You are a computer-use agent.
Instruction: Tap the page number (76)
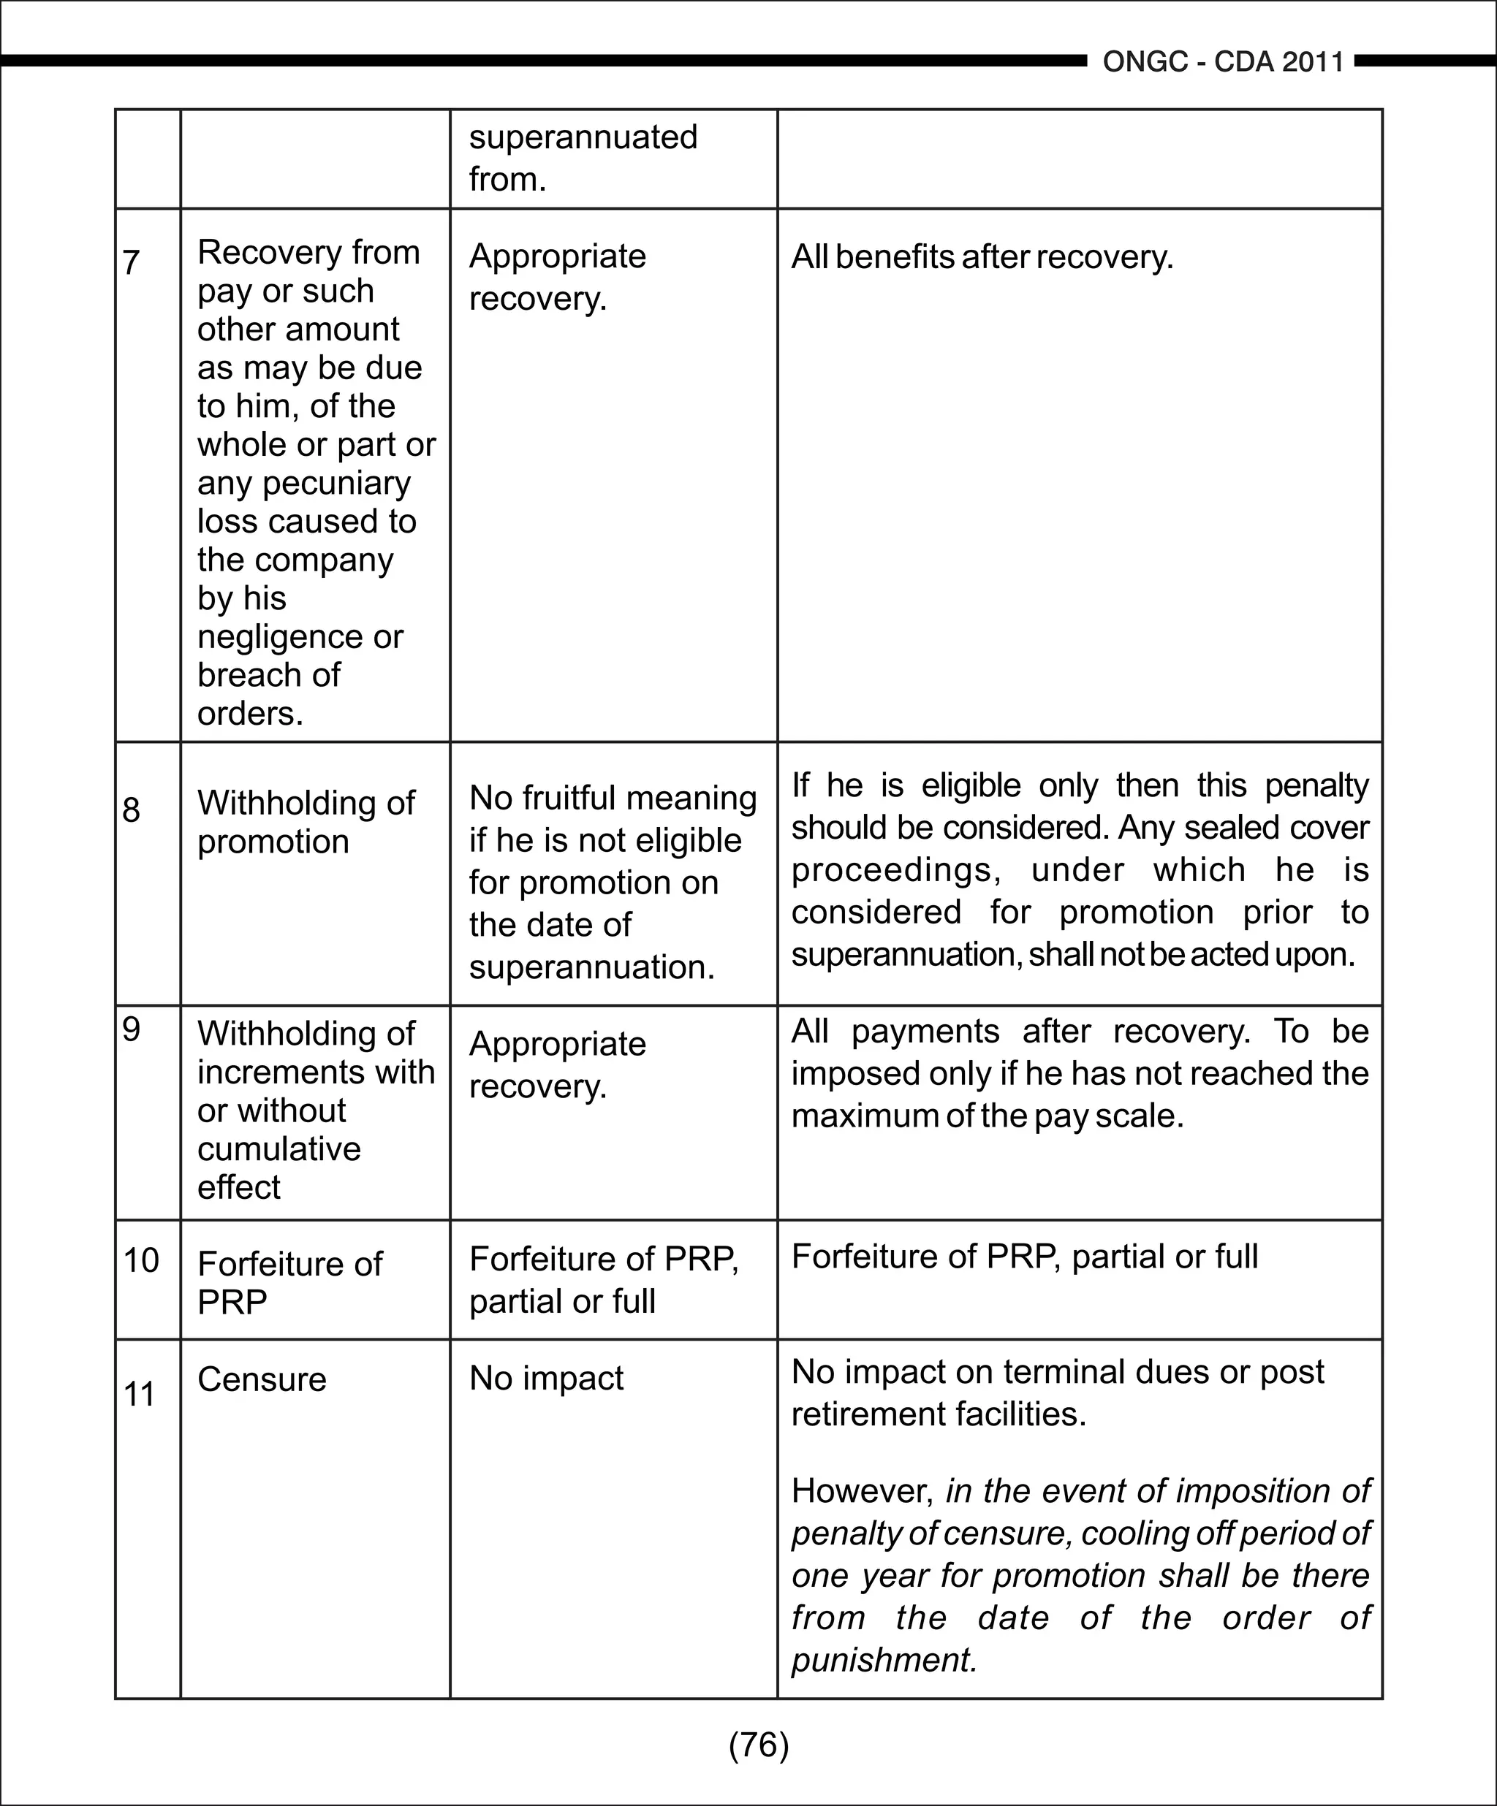click(x=758, y=1745)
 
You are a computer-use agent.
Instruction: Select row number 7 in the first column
click(x=131, y=262)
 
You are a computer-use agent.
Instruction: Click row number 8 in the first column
click(x=131, y=809)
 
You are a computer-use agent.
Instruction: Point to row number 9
click(x=131, y=1029)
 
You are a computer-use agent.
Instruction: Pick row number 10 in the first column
click(x=141, y=1261)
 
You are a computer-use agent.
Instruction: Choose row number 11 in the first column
click(x=140, y=1394)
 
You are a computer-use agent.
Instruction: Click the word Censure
click(x=262, y=1379)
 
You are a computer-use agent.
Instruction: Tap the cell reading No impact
click(x=545, y=1378)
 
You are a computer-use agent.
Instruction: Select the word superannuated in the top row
click(x=583, y=137)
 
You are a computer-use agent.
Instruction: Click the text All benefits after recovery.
click(x=982, y=257)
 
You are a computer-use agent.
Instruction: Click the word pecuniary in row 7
click(x=336, y=484)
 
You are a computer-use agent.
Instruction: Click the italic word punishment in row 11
click(x=884, y=1660)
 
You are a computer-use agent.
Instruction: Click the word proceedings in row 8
click(x=895, y=870)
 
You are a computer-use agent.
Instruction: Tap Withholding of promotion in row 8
click(x=306, y=822)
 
